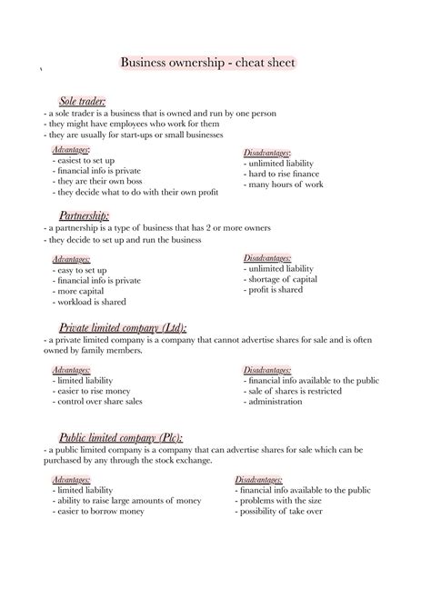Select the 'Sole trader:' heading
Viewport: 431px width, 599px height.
(83, 101)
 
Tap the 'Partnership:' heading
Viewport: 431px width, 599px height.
(84, 215)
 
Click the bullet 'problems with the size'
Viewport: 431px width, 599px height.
(284, 502)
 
